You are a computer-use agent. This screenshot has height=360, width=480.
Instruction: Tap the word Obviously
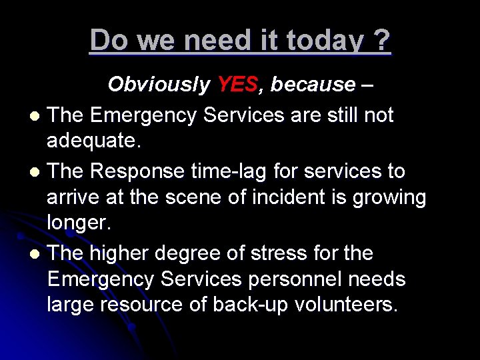point(159,85)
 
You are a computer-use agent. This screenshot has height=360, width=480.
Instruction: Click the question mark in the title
point(382,41)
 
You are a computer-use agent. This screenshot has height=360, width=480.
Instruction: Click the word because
point(313,85)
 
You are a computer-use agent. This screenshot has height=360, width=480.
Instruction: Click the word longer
point(79,224)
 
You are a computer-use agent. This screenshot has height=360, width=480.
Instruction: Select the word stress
point(277,253)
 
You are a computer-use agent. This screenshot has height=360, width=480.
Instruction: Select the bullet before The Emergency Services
point(35,117)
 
